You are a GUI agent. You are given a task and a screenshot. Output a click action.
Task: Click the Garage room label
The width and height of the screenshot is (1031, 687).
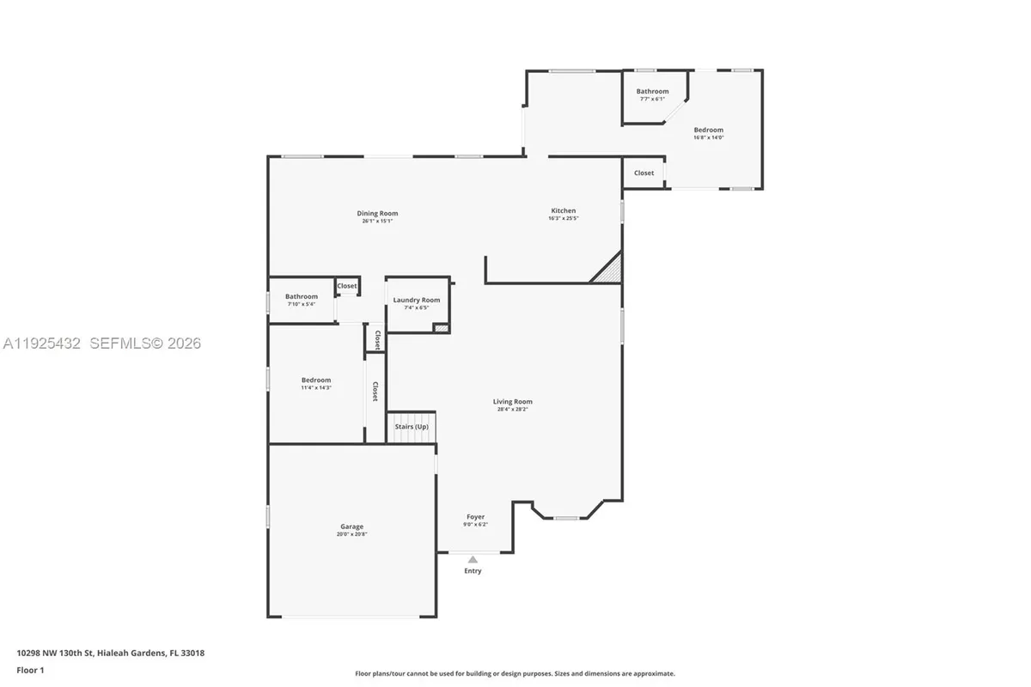(x=351, y=526)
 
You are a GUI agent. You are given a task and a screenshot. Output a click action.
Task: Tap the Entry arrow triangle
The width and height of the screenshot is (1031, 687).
(x=473, y=560)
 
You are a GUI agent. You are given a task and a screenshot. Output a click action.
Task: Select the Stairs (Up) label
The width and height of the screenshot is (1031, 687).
(x=412, y=427)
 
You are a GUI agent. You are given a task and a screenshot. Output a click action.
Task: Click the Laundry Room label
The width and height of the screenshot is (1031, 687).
(x=417, y=300)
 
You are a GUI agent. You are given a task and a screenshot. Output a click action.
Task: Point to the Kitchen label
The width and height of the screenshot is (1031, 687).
(x=564, y=210)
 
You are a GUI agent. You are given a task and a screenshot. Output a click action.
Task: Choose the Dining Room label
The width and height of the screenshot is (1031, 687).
(x=377, y=213)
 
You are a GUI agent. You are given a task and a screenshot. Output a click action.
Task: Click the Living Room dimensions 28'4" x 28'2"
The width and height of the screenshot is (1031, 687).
(x=512, y=410)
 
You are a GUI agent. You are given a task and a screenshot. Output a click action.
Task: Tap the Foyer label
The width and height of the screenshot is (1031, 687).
(x=475, y=517)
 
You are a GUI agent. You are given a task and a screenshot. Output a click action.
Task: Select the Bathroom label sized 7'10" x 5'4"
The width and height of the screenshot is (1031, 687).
(x=302, y=296)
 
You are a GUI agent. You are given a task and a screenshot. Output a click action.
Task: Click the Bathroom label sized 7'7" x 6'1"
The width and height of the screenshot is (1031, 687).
(x=652, y=91)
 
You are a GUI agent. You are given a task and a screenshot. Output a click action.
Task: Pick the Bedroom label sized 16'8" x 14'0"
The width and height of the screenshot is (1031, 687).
(x=709, y=130)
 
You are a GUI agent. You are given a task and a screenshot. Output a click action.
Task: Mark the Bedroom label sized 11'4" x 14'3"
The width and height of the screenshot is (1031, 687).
(x=315, y=380)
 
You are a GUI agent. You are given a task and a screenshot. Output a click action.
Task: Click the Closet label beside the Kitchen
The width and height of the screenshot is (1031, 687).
(x=644, y=173)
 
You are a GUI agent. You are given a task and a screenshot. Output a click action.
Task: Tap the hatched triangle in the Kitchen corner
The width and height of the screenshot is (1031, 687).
(x=609, y=271)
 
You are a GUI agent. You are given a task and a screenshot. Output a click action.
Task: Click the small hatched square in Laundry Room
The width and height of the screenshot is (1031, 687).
(x=442, y=327)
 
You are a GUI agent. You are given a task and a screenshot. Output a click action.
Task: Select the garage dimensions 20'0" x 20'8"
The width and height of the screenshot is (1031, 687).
(x=351, y=534)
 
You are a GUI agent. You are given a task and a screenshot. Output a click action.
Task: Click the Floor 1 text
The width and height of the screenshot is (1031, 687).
(x=29, y=669)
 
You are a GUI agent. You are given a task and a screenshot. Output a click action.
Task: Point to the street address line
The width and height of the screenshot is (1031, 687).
(x=110, y=653)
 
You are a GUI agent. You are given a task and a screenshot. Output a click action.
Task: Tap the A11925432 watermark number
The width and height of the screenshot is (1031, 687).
(x=41, y=343)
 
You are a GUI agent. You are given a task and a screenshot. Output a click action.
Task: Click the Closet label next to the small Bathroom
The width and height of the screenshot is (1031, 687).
(x=347, y=286)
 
